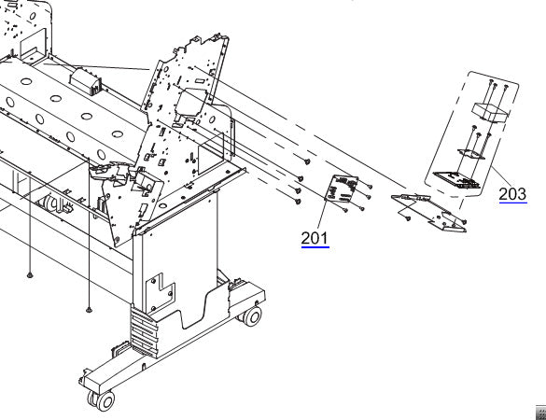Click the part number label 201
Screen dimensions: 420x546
(x=315, y=238)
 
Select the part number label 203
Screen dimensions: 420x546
(x=512, y=194)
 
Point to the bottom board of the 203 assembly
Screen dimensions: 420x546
(x=457, y=177)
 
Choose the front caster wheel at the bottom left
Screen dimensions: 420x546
(x=102, y=400)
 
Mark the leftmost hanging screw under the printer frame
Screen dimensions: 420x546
(x=31, y=275)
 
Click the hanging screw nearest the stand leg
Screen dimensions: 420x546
(x=89, y=308)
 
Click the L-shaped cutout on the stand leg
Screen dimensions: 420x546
(x=160, y=285)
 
